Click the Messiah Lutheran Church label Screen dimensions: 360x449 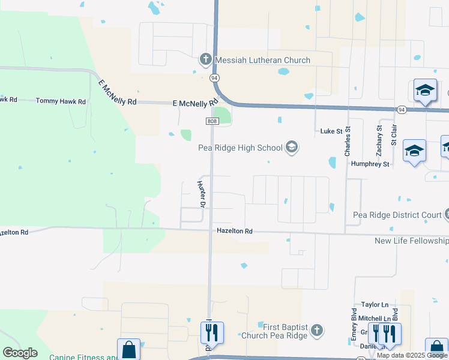[x=263, y=60]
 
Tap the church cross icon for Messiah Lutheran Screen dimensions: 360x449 [x=205, y=59]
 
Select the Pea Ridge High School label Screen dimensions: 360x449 [x=241, y=148]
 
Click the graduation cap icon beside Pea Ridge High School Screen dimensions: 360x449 [x=292, y=147]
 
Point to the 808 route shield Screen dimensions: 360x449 [x=212, y=121]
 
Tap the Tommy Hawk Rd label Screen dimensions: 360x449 [x=61, y=101]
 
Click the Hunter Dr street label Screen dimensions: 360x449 [x=202, y=194]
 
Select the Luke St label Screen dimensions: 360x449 [x=331, y=131]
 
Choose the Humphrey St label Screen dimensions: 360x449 [x=370, y=164]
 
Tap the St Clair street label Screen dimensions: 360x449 [x=394, y=135]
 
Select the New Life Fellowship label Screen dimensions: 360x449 [x=411, y=241]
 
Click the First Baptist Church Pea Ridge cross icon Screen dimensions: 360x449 [x=317, y=330]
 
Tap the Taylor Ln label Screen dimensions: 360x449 [x=375, y=305]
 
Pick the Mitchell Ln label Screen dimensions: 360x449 [x=376, y=318]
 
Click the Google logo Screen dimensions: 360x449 [x=20, y=353]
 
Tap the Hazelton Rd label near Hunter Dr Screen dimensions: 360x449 [x=234, y=231]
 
